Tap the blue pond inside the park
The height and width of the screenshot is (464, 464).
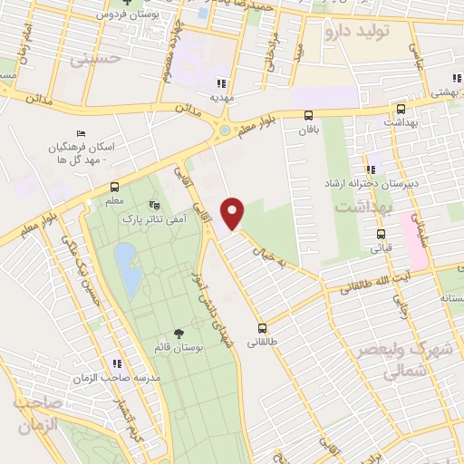point(128,269)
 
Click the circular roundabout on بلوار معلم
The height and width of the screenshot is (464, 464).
point(224,131)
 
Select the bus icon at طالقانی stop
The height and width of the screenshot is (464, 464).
point(262,328)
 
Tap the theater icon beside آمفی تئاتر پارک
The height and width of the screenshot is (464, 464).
point(153,206)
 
